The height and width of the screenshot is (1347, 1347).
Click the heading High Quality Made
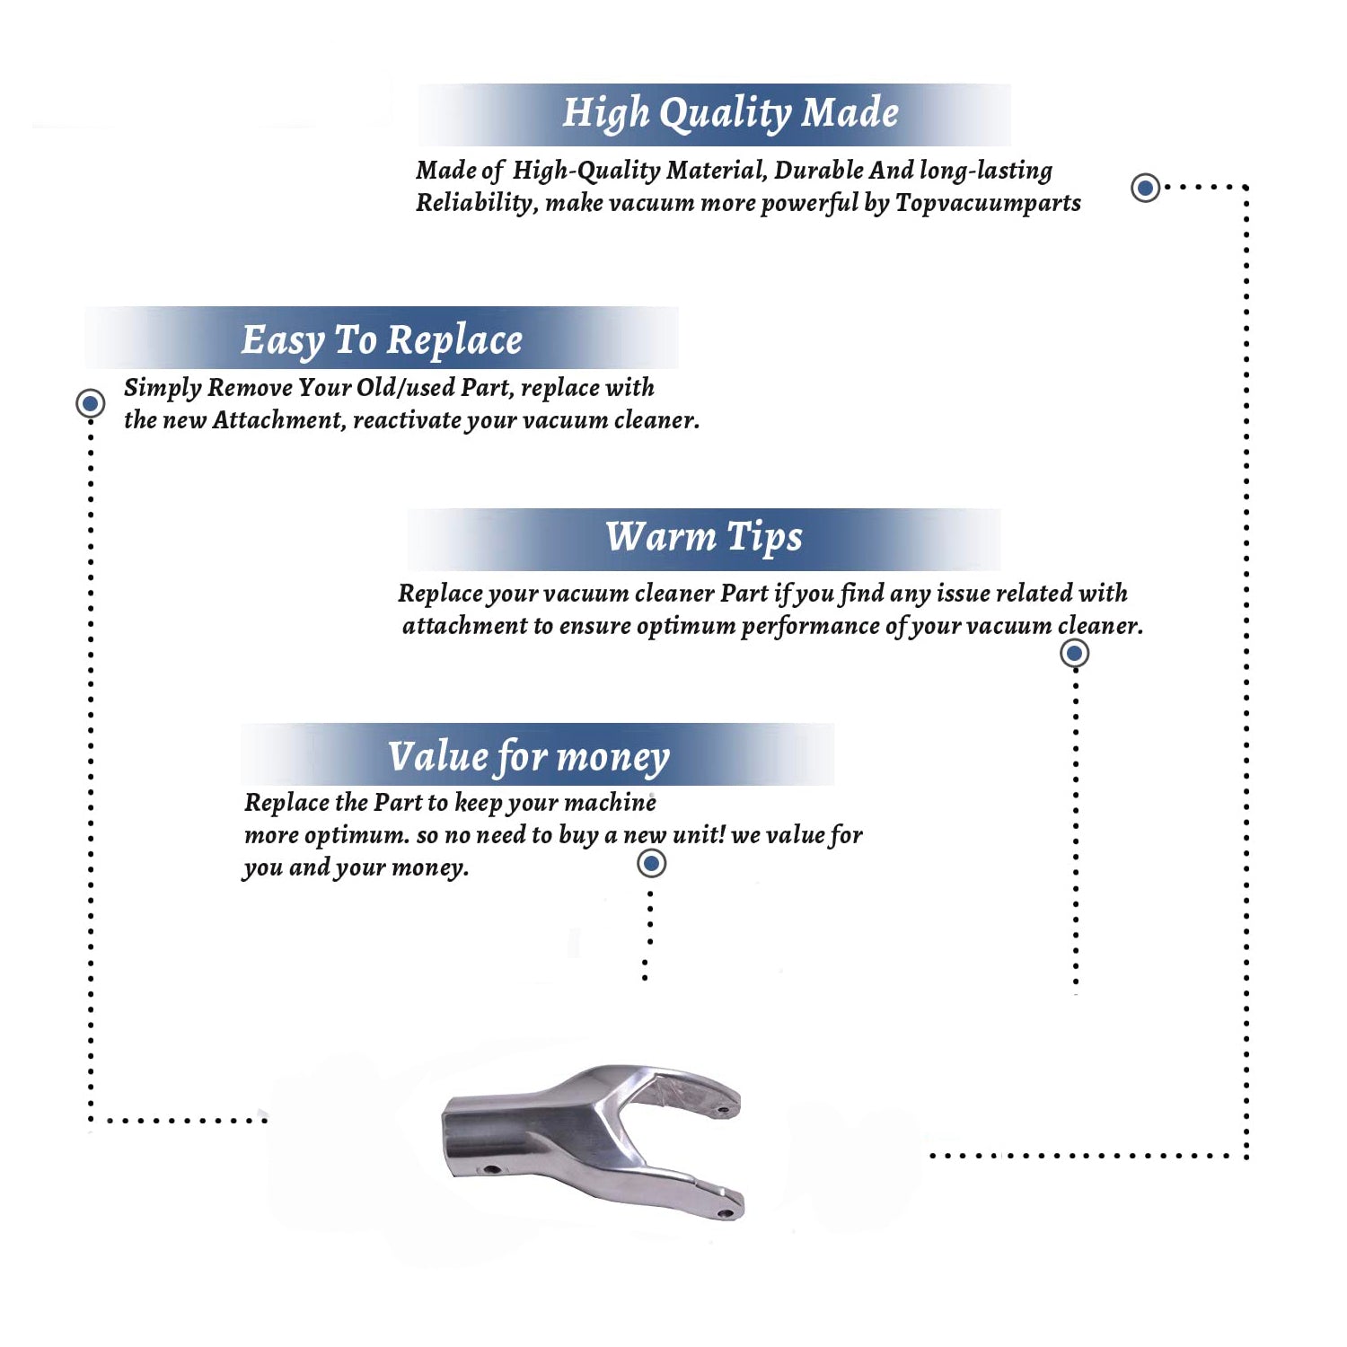[730, 114]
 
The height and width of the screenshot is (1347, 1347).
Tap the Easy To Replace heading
[382, 341]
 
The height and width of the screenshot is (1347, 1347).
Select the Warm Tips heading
[704, 538]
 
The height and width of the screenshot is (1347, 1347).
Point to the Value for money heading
[529, 757]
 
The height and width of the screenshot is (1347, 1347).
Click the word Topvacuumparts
[988, 203]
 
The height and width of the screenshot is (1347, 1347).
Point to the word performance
[810, 626]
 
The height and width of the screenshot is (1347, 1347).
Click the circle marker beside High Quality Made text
[1145, 188]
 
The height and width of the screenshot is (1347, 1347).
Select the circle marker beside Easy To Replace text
[90, 403]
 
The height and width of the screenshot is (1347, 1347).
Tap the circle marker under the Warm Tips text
[1075, 653]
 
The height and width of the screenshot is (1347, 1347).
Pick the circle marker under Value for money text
[651, 864]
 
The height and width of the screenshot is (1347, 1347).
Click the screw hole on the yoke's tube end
[491, 1170]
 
